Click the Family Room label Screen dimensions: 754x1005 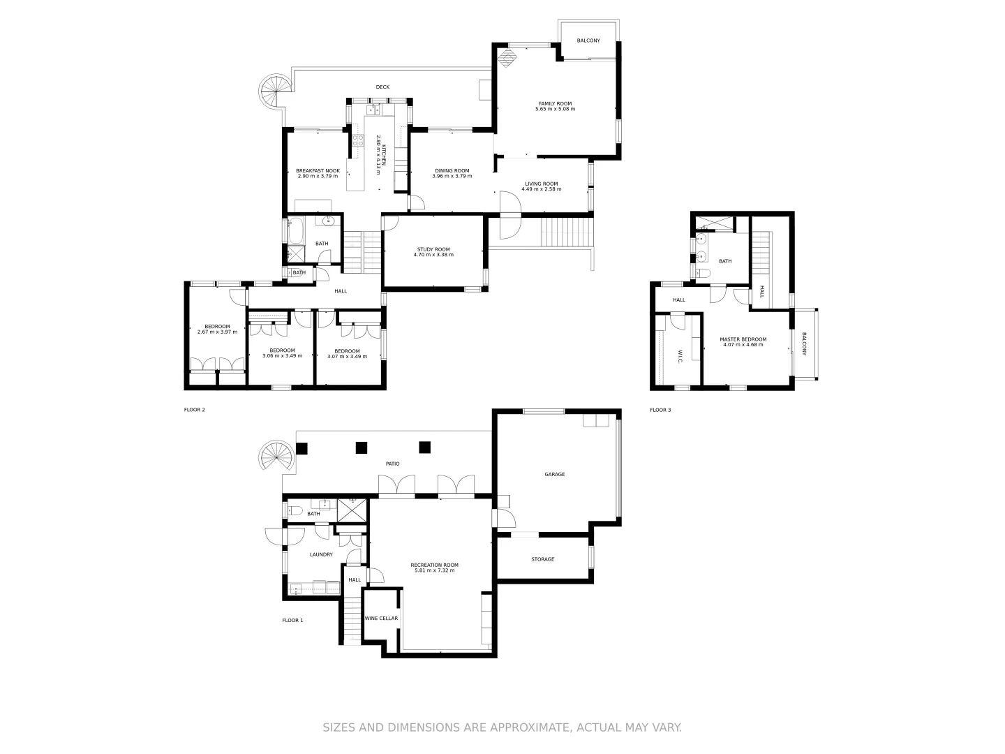pyautogui.click(x=555, y=103)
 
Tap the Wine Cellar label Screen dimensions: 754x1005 pyautogui.click(x=381, y=619)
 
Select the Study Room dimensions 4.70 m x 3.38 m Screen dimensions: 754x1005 pyautogui.click(x=433, y=255)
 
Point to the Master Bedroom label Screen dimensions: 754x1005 pyautogui.click(x=743, y=339)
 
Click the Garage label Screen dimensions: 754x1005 pyautogui.click(x=555, y=475)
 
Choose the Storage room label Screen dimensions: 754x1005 pyautogui.click(x=542, y=559)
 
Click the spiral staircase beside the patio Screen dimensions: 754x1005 pyautogui.click(x=271, y=457)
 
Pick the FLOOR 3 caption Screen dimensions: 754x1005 pyautogui.click(x=660, y=410)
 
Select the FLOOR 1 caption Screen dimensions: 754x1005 pyautogui.click(x=292, y=620)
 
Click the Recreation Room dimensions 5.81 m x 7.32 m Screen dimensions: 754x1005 pyautogui.click(x=434, y=570)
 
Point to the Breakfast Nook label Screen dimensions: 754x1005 pyautogui.click(x=318, y=170)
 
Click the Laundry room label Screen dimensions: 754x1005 pyautogui.click(x=321, y=554)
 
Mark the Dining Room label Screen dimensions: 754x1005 pyautogui.click(x=452, y=170)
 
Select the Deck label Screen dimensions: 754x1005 pyautogui.click(x=382, y=87)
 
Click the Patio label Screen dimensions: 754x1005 pyautogui.click(x=393, y=464)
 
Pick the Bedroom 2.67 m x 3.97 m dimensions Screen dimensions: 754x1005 pyautogui.click(x=217, y=332)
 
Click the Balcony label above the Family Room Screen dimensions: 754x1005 pyautogui.click(x=588, y=40)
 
